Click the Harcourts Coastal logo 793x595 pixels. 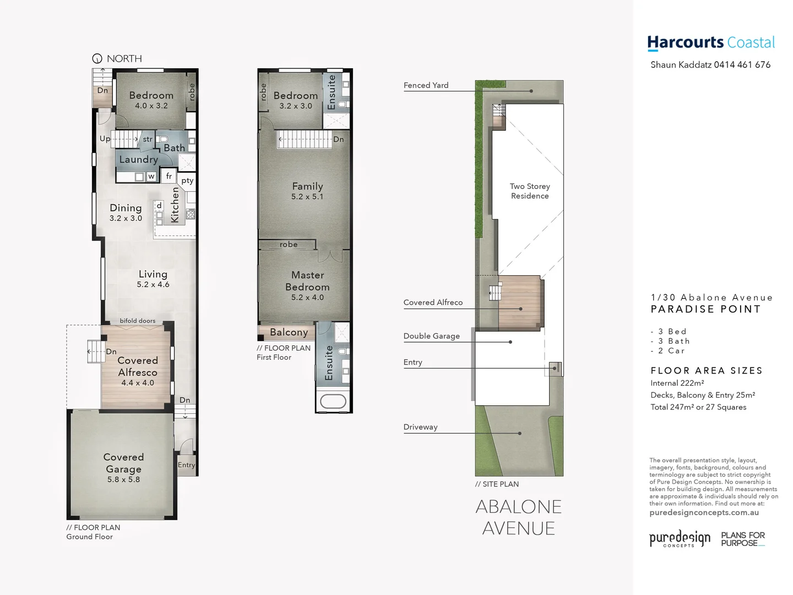(x=710, y=42)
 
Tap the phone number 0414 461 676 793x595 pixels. (x=742, y=64)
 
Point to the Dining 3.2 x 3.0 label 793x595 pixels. (x=126, y=212)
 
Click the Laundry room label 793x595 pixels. (x=138, y=159)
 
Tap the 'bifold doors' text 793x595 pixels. (x=138, y=321)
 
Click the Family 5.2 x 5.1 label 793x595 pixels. (x=307, y=191)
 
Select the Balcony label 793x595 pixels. (x=289, y=332)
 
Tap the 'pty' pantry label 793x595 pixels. (x=187, y=180)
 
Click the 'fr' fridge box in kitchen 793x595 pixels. (x=169, y=176)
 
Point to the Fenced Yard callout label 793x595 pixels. (x=426, y=85)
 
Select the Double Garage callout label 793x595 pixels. (x=431, y=336)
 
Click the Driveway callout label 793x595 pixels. (x=420, y=426)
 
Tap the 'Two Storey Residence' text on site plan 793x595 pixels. (x=530, y=191)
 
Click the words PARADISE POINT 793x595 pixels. (x=705, y=309)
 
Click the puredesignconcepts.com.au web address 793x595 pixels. (x=704, y=512)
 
